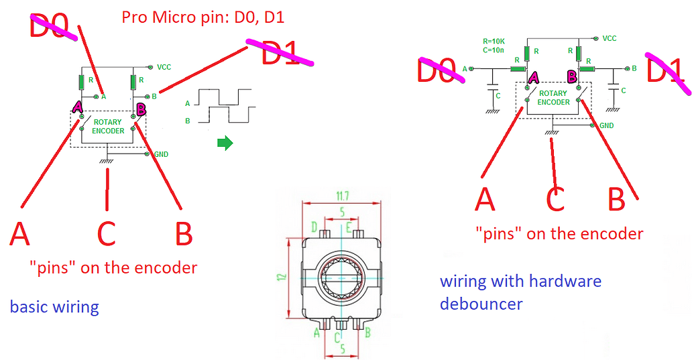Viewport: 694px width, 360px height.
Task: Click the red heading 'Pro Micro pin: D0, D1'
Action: (203, 17)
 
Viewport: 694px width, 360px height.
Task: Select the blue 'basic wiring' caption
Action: (54, 308)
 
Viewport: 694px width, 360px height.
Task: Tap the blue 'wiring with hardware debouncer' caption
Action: (520, 292)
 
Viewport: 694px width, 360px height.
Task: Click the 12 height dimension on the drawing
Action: (283, 276)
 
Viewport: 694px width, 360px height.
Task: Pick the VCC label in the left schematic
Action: (164, 67)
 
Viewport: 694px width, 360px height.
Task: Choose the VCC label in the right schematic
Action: (609, 39)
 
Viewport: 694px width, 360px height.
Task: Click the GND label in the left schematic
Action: (161, 154)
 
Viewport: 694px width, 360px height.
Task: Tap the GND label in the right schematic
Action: (606, 125)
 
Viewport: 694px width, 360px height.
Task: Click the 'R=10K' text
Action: (494, 42)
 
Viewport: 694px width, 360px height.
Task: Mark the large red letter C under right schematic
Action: (555, 199)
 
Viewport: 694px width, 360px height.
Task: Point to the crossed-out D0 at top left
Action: (50, 28)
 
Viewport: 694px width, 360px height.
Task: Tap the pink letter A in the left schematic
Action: (77, 107)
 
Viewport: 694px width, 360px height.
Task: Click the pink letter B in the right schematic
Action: (572, 76)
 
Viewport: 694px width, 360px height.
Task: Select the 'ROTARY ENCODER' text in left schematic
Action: (109, 127)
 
